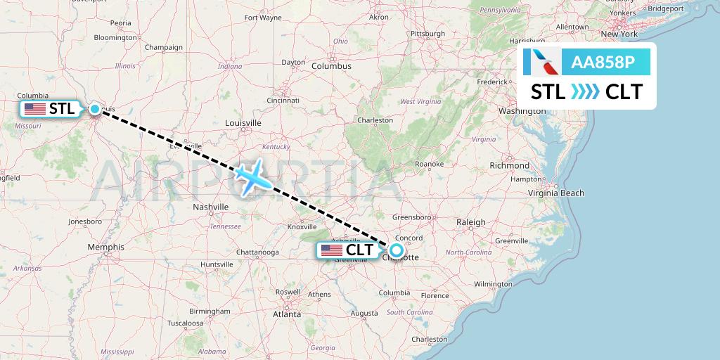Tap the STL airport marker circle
95,109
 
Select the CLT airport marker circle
397,250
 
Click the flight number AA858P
603,63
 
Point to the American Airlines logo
543,63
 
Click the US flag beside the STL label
34,109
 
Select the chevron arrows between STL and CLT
586,92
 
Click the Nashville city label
211,207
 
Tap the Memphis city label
106,247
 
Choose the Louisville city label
243,123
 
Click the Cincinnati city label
283,101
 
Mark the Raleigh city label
471,222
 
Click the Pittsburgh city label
427,33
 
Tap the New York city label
619,34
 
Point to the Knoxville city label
302,226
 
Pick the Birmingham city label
210,311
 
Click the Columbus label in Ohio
331,65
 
